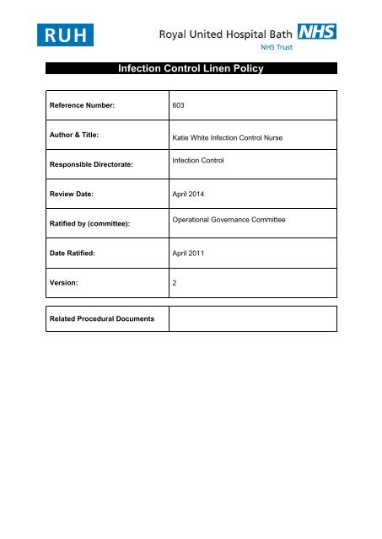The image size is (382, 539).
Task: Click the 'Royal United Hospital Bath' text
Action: (239, 34)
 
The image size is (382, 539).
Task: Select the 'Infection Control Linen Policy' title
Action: (191, 69)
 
